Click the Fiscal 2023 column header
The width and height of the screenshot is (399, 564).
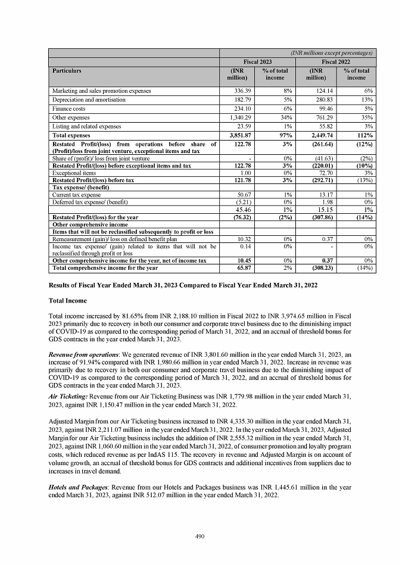pyautogui.click(x=257, y=62)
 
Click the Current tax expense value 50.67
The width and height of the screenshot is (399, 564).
pyautogui.click(x=239, y=195)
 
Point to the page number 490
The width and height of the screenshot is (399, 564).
pyautogui.click(x=199, y=537)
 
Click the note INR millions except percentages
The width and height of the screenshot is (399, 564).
pyautogui.click(x=332, y=53)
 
